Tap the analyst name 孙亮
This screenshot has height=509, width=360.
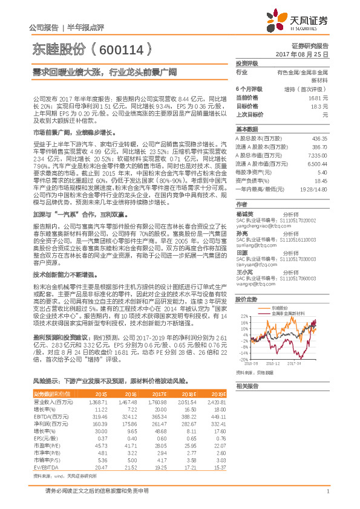pos(241,216)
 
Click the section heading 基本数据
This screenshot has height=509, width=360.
pos(246,129)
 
